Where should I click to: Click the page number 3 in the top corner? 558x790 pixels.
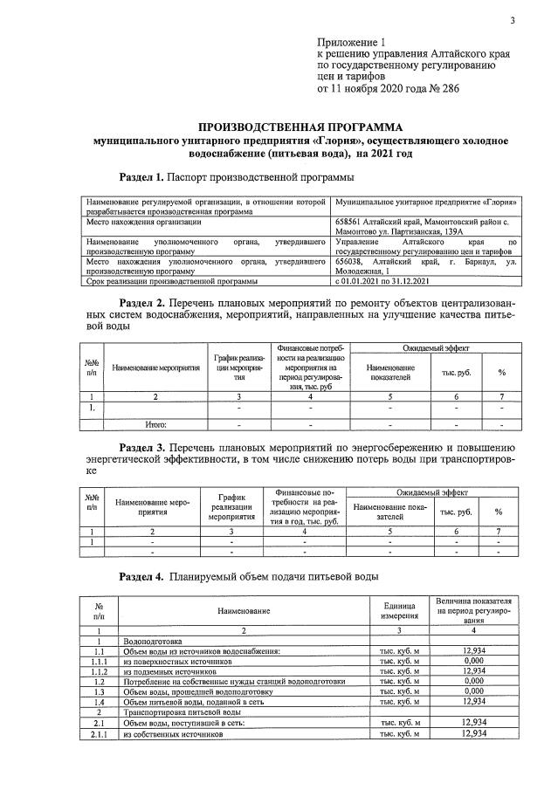pyautogui.click(x=513, y=21)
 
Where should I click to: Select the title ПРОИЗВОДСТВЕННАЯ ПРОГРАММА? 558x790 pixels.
pyautogui.click(x=294, y=126)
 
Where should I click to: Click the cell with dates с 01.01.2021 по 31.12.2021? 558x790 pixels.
pyautogui.click(x=384, y=281)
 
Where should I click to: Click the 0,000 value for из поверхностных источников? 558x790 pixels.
pyautogui.click(x=474, y=662)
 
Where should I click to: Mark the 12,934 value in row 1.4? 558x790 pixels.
pyautogui.click(x=474, y=702)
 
